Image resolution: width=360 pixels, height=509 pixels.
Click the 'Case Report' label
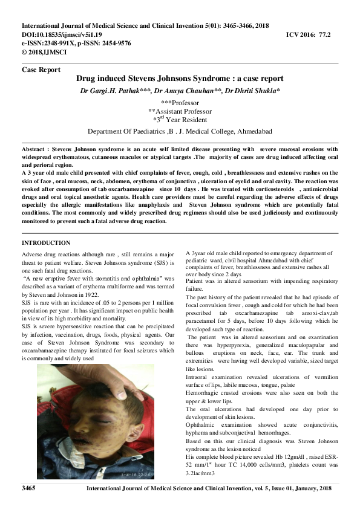tap(41, 70)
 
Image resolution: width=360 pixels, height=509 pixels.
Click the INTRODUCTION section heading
tap(46, 243)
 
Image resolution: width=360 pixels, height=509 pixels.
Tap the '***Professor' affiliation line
tap(179, 103)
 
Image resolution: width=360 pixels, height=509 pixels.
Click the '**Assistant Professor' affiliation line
tap(180, 111)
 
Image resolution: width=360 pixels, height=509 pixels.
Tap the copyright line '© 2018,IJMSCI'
tap(44, 52)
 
